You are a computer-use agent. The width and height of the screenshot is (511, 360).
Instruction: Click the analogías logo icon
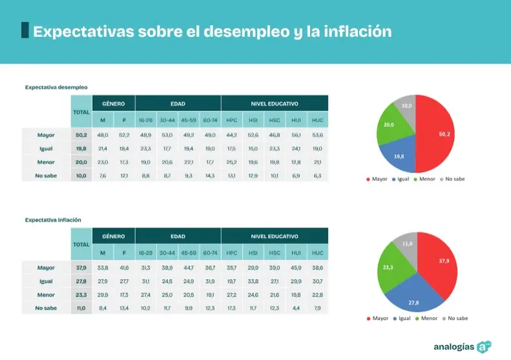[483, 346]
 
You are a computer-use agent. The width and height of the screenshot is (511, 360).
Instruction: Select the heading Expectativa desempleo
[56, 87]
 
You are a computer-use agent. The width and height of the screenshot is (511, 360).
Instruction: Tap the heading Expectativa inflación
[53, 220]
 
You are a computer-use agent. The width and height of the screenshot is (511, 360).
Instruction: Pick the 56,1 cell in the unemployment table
[296, 135]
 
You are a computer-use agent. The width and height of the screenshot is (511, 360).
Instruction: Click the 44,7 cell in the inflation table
[189, 267]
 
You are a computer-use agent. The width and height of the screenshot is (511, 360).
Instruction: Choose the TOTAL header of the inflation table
[81, 244]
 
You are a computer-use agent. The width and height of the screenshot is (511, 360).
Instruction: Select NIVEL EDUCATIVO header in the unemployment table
[274, 103]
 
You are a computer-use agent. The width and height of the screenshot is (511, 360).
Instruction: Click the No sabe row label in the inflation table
[46, 308]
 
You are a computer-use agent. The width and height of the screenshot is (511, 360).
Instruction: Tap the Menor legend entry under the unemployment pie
[427, 179]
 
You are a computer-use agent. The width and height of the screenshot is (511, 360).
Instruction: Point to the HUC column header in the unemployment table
[317, 120]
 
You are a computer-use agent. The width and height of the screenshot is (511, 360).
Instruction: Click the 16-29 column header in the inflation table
[146, 253]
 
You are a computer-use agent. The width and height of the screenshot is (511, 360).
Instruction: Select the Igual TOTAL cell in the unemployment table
[81, 149]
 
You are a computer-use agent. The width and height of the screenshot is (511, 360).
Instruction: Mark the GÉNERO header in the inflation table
[113, 237]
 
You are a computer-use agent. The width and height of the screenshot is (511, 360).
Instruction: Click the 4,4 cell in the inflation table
[296, 308]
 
